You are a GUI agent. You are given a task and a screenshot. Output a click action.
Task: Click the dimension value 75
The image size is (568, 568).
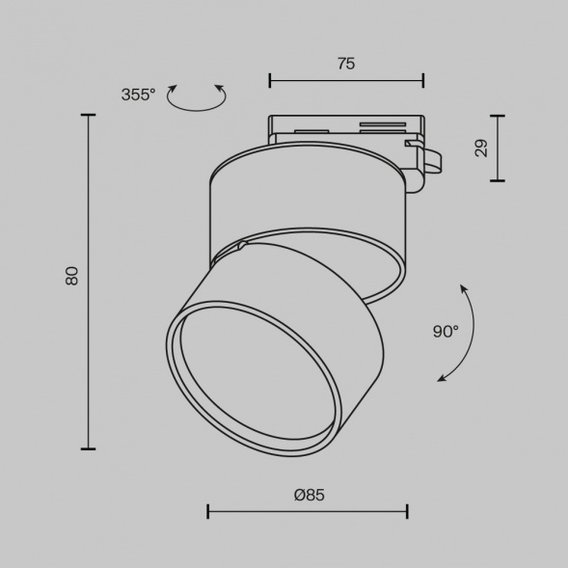[346, 64]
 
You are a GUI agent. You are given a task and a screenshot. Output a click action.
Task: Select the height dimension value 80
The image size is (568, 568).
[71, 276]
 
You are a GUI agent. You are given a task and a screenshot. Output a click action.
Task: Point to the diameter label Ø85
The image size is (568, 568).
[309, 494]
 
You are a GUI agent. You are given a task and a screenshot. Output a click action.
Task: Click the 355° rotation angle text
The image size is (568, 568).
[138, 95]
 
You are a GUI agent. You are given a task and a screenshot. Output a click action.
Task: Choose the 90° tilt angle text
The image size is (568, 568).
[446, 332]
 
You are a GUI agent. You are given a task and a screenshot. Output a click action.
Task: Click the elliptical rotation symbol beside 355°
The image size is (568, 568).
[197, 97]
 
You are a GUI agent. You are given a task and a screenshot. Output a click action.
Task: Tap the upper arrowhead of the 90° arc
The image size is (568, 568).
[463, 288]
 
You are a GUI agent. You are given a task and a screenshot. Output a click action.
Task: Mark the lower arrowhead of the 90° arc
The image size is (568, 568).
[442, 378]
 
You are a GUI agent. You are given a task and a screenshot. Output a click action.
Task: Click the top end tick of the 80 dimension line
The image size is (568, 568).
[89, 116]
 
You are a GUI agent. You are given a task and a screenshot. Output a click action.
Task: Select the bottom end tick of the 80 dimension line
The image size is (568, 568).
[89, 448]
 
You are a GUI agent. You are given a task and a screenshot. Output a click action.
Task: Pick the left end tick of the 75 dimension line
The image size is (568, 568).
[270, 80]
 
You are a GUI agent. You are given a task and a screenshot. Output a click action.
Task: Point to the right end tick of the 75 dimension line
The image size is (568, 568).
[423, 80]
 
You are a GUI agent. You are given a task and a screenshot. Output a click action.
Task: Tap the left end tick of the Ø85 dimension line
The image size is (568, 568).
[208, 511]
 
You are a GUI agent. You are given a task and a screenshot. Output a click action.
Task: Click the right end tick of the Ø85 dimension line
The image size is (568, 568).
[407, 511]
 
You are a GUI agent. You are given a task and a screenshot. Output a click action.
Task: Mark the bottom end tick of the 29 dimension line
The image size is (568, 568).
[498, 180]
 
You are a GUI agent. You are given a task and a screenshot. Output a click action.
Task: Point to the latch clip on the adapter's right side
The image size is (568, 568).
[426, 161]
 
